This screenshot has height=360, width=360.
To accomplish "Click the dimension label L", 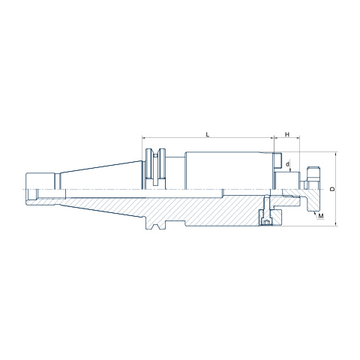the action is click(208, 134).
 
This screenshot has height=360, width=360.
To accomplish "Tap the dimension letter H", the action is click(287, 134).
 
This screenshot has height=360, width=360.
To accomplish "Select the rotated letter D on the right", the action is click(332, 189).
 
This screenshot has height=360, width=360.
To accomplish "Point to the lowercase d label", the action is click(287, 164).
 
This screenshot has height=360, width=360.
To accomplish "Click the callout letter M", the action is click(321, 216).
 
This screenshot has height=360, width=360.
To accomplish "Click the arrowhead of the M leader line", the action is click(313, 212).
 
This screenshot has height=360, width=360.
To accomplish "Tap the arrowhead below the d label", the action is click(290, 170).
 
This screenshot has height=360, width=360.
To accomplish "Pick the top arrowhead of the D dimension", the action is click(336, 154).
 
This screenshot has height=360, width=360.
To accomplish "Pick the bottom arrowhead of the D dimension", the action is click(336, 223).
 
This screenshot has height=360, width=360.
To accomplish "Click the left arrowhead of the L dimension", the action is click(144, 137).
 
